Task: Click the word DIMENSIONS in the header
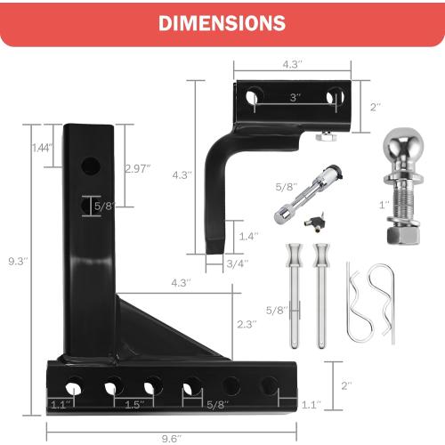point(222,22)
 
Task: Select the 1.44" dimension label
point(41,147)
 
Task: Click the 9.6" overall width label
point(172,437)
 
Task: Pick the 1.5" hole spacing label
point(133,405)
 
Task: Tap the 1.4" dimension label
point(248,236)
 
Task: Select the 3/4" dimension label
point(236,263)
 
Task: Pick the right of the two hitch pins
point(320,294)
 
